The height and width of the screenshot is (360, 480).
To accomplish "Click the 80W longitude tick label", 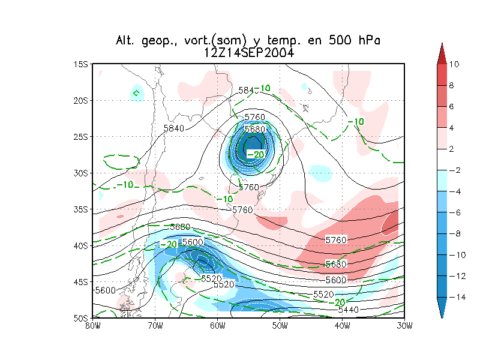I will pyautogui.click(x=92, y=326).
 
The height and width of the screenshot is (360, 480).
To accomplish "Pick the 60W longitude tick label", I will pyautogui.click(x=217, y=326).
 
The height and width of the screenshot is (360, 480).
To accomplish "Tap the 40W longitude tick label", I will pyautogui.click(x=342, y=326).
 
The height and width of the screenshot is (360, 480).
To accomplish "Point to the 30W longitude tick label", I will pyautogui.click(x=404, y=326).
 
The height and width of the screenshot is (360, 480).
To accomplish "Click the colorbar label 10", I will pyautogui.click(x=454, y=64).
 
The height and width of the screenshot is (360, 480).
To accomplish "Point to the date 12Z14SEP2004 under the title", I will pyautogui.click(x=248, y=52).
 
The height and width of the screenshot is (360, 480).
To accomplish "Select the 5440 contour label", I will pyautogui.click(x=349, y=310).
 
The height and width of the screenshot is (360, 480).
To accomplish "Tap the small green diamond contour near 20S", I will pyautogui.click(x=137, y=93).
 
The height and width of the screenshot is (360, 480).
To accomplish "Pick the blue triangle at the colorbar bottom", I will pyautogui.click(x=442, y=310).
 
